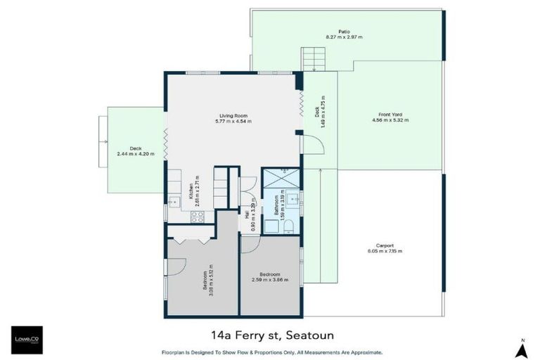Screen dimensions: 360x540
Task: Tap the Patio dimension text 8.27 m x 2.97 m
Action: click(x=344, y=36)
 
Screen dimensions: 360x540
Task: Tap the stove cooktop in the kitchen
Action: click(x=198, y=217)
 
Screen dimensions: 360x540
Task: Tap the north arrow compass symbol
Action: click(x=521, y=345)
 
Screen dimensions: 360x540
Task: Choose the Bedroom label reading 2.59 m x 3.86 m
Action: click(x=270, y=277)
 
